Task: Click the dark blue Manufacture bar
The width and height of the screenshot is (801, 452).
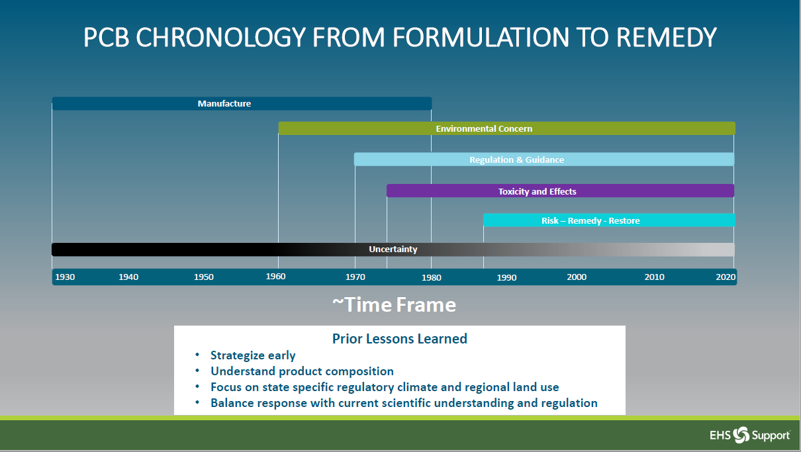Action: tap(242, 104)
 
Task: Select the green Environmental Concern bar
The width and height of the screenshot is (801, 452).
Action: tap(506, 128)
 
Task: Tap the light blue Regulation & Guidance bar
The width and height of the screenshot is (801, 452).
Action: tap(543, 159)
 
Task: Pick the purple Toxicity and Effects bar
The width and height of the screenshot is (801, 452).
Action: tap(560, 191)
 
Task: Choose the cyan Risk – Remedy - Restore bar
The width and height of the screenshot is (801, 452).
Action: tap(608, 220)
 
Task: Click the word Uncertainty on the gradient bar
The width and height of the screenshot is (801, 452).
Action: tap(393, 249)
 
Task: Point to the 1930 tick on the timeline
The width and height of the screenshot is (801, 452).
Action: tap(65, 277)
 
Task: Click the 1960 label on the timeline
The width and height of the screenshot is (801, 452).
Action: tap(276, 277)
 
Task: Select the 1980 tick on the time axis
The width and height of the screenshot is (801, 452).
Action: tap(431, 277)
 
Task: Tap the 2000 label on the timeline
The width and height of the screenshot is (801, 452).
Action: tap(577, 277)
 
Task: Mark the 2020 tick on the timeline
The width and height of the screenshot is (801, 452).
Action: tap(726, 277)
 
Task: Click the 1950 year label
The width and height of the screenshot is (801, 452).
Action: tap(204, 277)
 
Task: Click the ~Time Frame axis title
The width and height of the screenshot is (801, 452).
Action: tap(394, 304)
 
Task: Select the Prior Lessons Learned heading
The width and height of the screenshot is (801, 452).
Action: tap(399, 339)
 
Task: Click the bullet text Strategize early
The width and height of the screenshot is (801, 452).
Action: tap(253, 355)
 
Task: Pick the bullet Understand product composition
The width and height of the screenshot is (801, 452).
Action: tap(302, 371)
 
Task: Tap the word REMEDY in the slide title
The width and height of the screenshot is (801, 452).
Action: tap(666, 38)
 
